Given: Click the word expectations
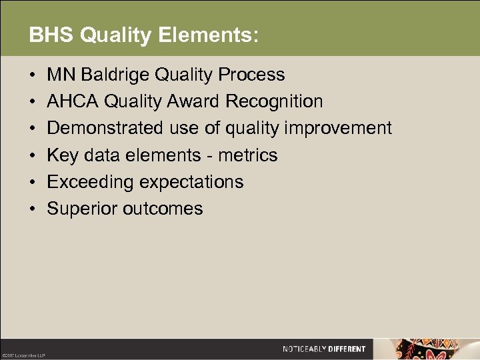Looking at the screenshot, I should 193,182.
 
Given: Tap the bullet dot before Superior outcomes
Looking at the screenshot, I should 33,209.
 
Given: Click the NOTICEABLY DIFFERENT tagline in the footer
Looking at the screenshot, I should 324,349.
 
